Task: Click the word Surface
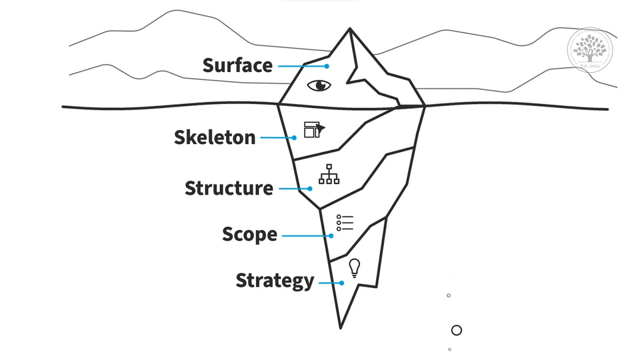[x=238, y=65]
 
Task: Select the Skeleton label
[x=214, y=137]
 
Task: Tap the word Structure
[x=229, y=188]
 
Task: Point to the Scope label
[x=249, y=234]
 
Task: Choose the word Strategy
[x=275, y=281]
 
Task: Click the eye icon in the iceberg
[x=319, y=85]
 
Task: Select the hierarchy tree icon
[x=329, y=174]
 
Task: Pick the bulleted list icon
[x=345, y=222]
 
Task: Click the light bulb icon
[x=354, y=268]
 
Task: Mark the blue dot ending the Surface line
[x=327, y=66]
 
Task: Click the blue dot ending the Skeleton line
[x=294, y=138]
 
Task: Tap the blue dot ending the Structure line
[x=310, y=189]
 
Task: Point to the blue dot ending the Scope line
[x=331, y=236]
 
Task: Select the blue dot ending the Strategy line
[x=342, y=283]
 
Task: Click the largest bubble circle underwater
[x=456, y=330]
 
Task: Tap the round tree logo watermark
[x=590, y=50]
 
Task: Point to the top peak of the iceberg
[x=350, y=29]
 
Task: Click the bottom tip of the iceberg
[x=340, y=327]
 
